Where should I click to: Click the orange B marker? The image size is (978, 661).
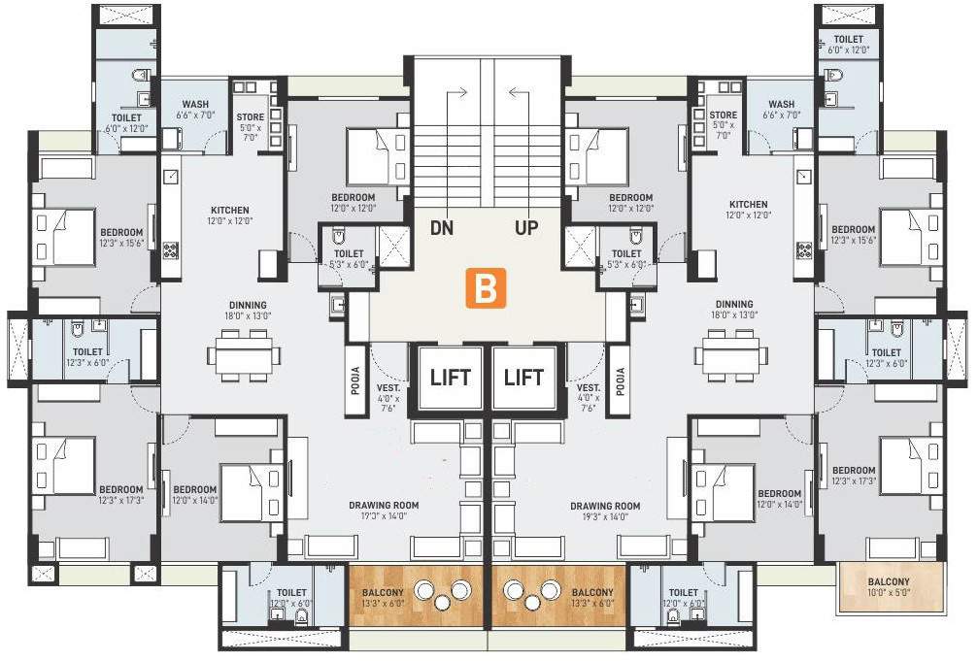[488, 288]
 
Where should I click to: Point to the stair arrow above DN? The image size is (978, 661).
[455, 93]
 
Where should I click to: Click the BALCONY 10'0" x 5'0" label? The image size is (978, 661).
[891, 589]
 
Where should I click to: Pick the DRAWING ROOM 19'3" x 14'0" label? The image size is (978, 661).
[605, 511]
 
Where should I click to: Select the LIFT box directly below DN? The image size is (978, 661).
[450, 377]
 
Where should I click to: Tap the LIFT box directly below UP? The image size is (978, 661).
[524, 377]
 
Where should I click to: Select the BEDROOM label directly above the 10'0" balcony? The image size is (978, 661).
[854, 476]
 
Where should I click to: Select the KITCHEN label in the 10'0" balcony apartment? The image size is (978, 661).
[748, 210]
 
